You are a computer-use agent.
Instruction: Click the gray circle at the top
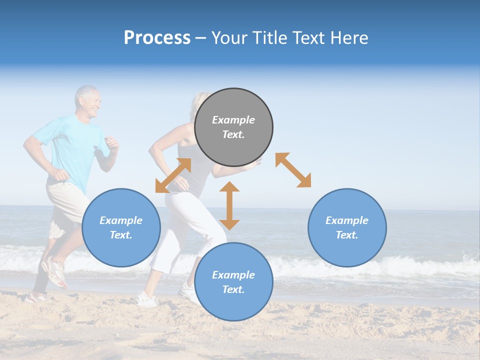(233, 127)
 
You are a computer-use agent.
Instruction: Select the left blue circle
(121, 227)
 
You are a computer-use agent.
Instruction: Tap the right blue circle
(347, 227)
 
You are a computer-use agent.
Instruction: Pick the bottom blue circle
(233, 282)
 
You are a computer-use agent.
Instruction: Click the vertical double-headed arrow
(229, 205)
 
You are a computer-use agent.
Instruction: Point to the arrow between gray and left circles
(173, 175)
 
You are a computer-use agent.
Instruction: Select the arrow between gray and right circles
(293, 170)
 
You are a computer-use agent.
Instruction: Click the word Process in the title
(157, 37)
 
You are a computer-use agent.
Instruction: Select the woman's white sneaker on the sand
(146, 299)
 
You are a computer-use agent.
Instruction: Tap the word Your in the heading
(228, 37)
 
